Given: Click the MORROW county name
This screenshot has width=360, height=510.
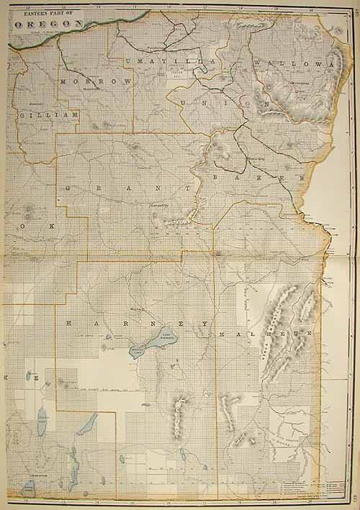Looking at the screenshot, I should tap(97, 82).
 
